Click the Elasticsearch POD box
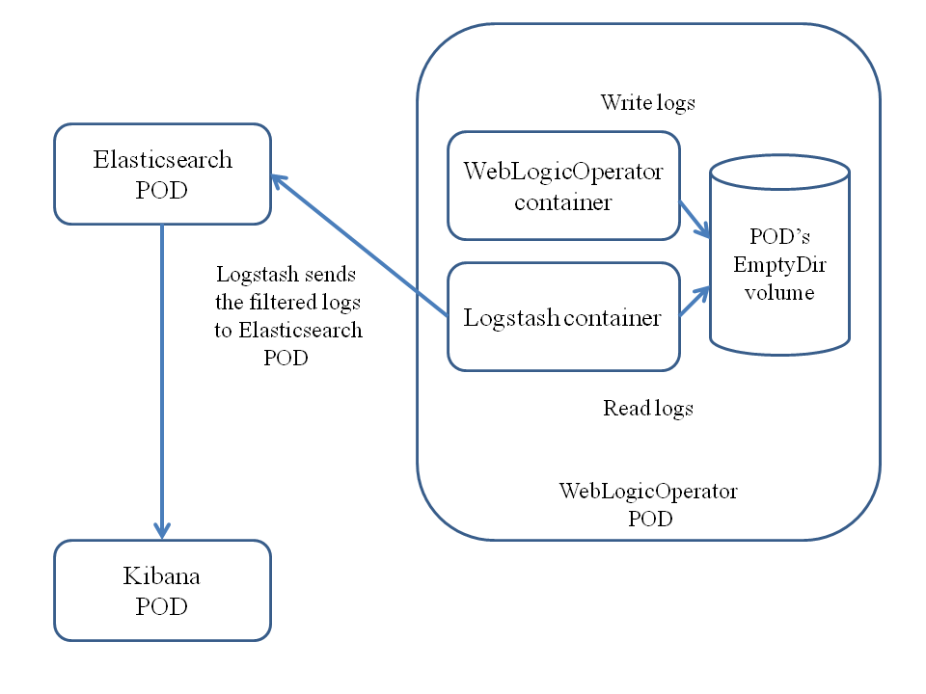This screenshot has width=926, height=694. [162, 174]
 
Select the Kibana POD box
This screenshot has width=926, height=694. [162, 590]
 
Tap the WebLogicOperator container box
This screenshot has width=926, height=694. [563, 186]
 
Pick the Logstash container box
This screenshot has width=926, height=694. [563, 317]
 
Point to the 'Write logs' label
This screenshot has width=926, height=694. [647, 102]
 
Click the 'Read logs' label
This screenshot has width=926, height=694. [648, 408]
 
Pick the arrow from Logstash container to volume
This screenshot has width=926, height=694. [695, 300]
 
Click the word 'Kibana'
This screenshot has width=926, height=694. [161, 576]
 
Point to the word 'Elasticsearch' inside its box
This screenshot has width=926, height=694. [162, 160]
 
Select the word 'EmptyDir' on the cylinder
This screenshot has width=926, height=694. [780, 264]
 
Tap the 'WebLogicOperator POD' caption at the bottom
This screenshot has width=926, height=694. [648, 504]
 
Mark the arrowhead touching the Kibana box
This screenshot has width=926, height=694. [162, 530]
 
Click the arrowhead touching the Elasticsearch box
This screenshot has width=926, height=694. [278, 180]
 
